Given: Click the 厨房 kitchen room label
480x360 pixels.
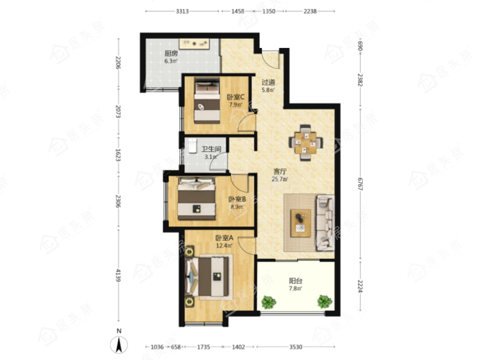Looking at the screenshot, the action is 171,53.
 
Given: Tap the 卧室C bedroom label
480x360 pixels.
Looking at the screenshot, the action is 235,97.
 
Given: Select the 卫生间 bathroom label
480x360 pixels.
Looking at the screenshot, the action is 211,149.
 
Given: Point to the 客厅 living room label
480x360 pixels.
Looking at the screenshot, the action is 280,172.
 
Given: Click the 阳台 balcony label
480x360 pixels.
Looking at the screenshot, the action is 296,281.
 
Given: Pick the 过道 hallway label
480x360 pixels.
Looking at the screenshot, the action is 268,83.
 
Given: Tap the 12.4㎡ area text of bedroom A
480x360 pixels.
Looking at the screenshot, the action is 224,246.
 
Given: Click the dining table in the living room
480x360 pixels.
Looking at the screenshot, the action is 305,143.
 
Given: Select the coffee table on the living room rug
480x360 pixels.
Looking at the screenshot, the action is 301,223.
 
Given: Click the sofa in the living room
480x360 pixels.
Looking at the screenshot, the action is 325,222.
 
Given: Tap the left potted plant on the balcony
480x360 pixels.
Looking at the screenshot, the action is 269,302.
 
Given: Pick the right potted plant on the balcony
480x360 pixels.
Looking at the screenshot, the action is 325,301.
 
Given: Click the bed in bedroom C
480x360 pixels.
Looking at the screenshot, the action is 207,101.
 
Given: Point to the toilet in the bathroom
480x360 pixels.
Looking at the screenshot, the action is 192,145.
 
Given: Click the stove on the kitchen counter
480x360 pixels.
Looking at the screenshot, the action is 194,44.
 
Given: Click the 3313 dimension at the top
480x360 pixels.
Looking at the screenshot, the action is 182,11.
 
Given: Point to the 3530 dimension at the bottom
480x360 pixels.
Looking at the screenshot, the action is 296,347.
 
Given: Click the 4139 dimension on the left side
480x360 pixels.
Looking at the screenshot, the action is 119,275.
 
